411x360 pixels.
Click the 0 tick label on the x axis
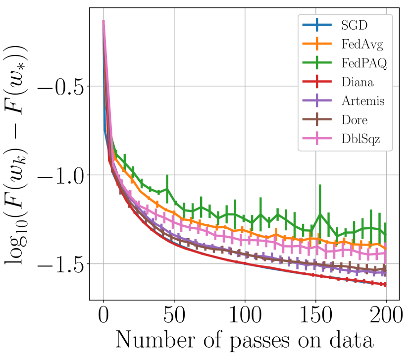click(x=103, y=315)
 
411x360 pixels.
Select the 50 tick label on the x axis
click(x=174, y=315)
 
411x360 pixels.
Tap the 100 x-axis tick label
click(x=245, y=315)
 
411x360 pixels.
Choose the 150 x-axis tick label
click(x=315, y=315)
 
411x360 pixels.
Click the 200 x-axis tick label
click(x=386, y=315)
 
